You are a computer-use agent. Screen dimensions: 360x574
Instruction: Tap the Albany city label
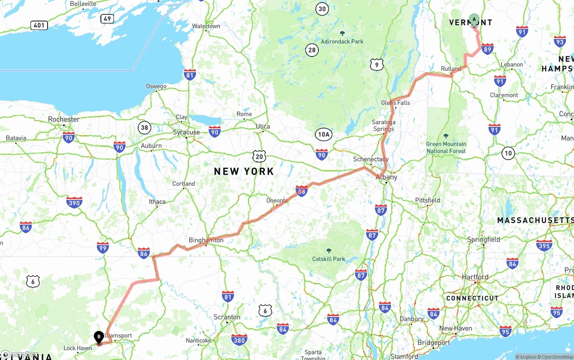(x=386, y=177)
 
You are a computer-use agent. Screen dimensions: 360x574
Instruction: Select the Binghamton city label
(x=206, y=240)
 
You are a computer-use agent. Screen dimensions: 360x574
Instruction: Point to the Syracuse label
(x=186, y=132)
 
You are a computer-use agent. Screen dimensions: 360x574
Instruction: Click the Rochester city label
(x=64, y=119)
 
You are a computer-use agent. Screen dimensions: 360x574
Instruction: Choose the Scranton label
(x=226, y=317)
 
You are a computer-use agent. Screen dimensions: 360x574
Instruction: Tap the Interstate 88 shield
(x=301, y=191)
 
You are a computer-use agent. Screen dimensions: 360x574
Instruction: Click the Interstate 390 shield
(x=74, y=203)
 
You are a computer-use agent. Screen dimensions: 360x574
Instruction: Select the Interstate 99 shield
(x=103, y=247)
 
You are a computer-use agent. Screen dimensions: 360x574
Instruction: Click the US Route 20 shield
(x=259, y=156)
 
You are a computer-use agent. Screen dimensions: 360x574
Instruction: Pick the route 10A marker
(x=323, y=134)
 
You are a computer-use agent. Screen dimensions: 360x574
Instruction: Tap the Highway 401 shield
(x=39, y=25)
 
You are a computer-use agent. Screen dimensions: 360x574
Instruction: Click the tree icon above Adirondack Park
(x=342, y=33)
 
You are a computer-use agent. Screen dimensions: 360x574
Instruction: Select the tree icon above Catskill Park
(x=329, y=251)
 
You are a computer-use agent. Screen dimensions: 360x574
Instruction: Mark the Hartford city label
(x=475, y=277)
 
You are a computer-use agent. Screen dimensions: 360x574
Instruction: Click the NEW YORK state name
(x=244, y=171)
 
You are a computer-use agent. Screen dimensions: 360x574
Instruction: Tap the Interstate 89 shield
(x=487, y=49)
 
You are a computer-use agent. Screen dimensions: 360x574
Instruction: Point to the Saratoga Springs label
(x=383, y=126)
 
